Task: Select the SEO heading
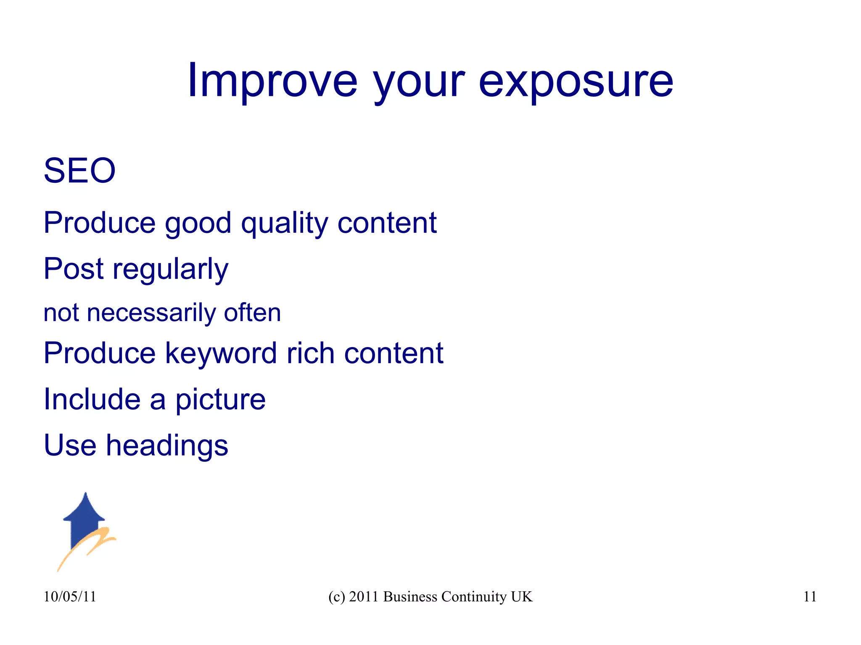tap(79, 171)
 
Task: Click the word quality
tap(284, 223)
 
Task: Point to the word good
tap(198, 223)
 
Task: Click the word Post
tap(74, 269)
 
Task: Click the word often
tap(252, 313)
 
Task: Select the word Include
tap(92, 399)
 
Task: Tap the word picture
tap(220, 400)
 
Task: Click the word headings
tap(167, 446)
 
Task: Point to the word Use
tap(70, 445)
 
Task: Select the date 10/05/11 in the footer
tap(70, 597)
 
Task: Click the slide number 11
tap(810, 597)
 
